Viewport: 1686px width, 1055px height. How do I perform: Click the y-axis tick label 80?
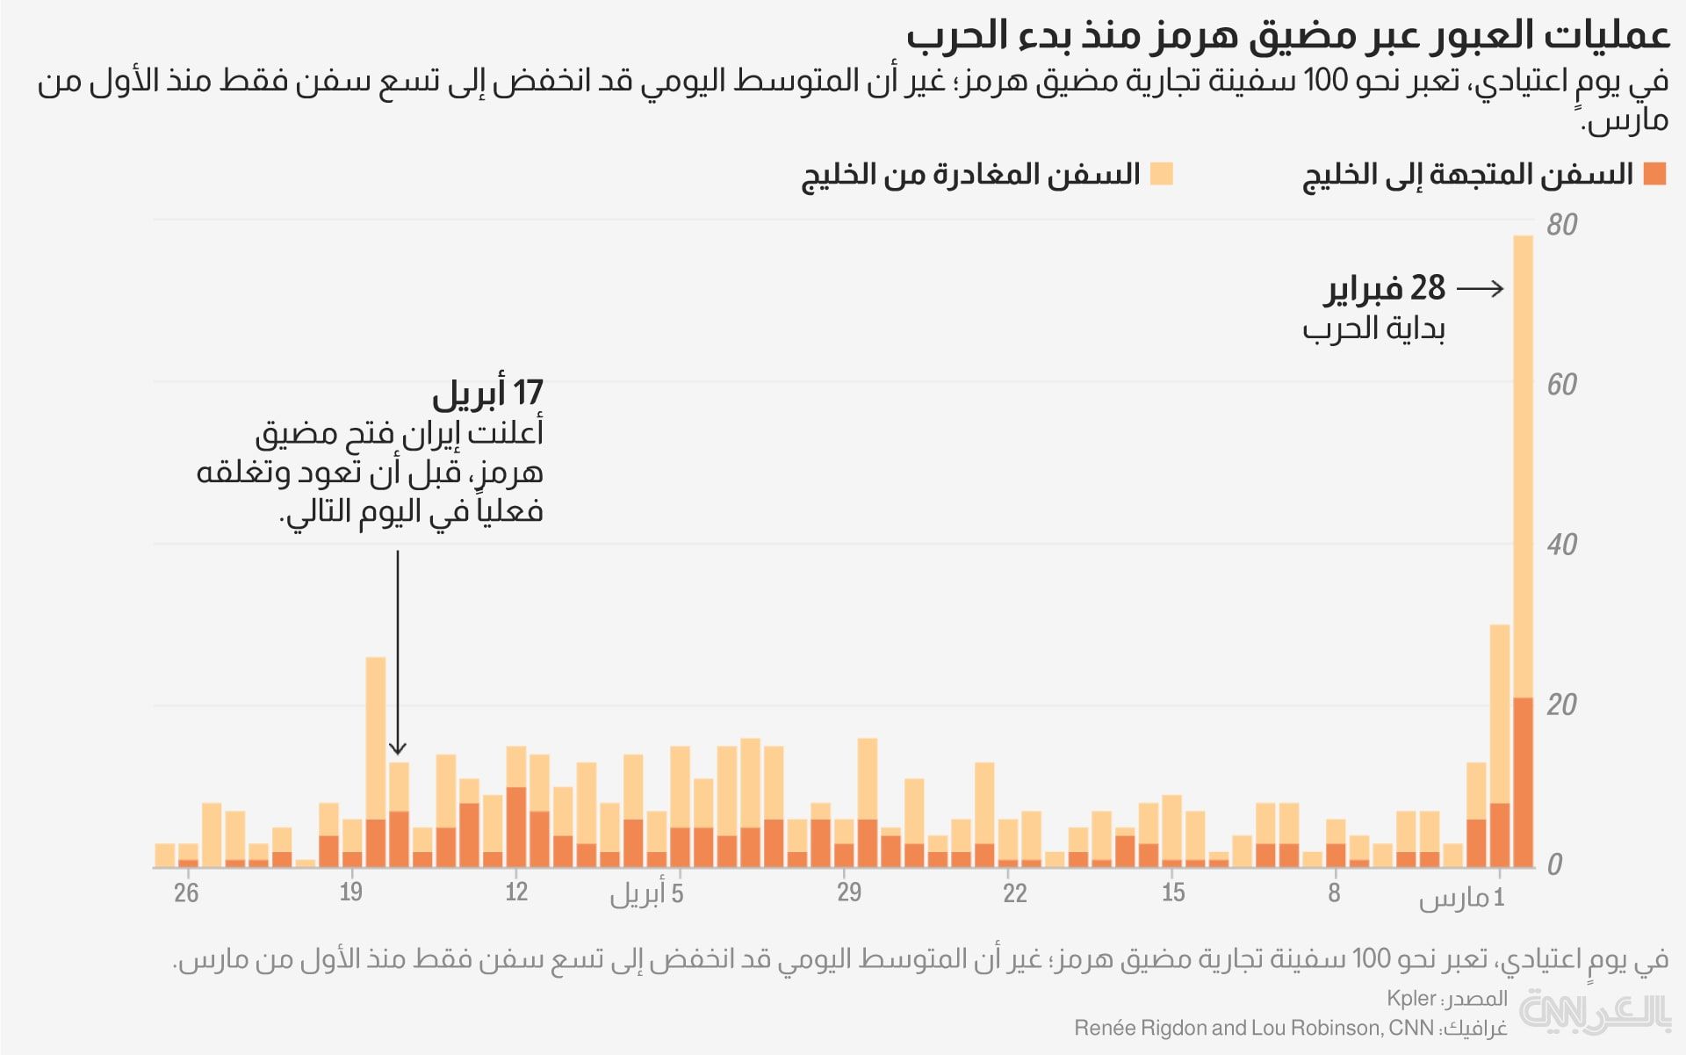point(1562,225)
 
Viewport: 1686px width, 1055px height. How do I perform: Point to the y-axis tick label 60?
point(1562,385)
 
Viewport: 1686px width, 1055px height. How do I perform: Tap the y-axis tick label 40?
point(1562,545)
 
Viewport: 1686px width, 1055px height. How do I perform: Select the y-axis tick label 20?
point(1562,705)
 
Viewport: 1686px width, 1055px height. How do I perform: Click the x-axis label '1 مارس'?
point(1462,898)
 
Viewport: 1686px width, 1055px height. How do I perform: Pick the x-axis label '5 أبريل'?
point(647,894)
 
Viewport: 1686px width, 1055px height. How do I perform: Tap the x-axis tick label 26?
point(186,893)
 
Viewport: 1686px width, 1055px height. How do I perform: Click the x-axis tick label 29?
point(849,893)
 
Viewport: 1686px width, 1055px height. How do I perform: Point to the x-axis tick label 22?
point(1015,893)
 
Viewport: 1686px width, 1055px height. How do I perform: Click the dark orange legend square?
point(1654,174)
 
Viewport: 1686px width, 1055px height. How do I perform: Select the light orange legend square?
point(1161,174)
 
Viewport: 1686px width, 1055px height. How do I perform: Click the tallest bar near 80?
point(1523,466)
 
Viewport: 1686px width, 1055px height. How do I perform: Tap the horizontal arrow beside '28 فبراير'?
point(1481,288)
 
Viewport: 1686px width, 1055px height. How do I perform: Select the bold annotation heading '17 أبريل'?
point(488,393)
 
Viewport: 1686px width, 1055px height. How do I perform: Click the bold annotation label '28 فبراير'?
point(1385,288)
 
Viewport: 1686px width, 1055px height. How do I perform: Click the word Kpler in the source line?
point(1411,999)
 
